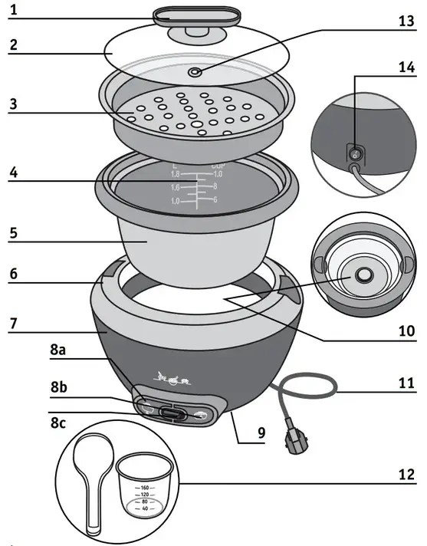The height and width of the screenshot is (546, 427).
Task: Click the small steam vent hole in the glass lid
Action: coord(197,73)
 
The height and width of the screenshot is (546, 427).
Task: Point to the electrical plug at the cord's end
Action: coord(294,440)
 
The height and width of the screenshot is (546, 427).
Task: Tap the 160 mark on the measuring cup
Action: coord(143,488)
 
